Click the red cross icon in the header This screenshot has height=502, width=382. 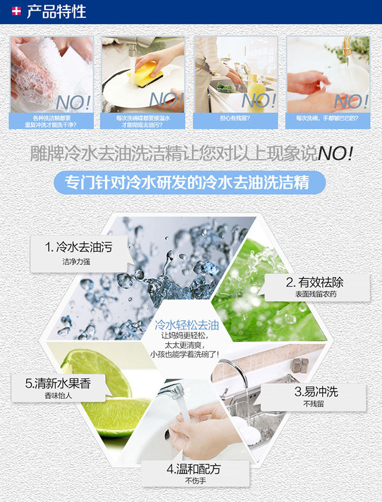click(16, 11)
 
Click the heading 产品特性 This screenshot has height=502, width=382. click(56, 11)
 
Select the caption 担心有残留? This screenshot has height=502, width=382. click(235, 118)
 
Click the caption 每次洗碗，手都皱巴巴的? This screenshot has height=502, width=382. click(327, 118)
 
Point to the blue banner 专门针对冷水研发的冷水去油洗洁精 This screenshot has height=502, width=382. click(190, 182)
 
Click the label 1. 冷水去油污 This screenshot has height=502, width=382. click(79, 247)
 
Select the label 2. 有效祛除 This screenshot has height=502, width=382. click(315, 282)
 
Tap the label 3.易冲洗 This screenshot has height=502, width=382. click(316, 392)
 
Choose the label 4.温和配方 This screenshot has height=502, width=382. click(194, 469)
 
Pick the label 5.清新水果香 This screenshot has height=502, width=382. click(58, 383)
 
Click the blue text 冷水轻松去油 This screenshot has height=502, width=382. click(187, 325)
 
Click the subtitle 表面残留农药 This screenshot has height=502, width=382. click(316, 294)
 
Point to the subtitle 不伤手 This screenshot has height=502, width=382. click(195, 481)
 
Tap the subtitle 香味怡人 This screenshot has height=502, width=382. click(58, 396)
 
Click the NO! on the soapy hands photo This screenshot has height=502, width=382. click(73, 103)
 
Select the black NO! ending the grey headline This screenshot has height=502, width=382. click(335, 153)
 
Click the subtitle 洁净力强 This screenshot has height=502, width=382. click(76, 262)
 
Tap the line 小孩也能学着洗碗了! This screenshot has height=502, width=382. click(185, 355)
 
